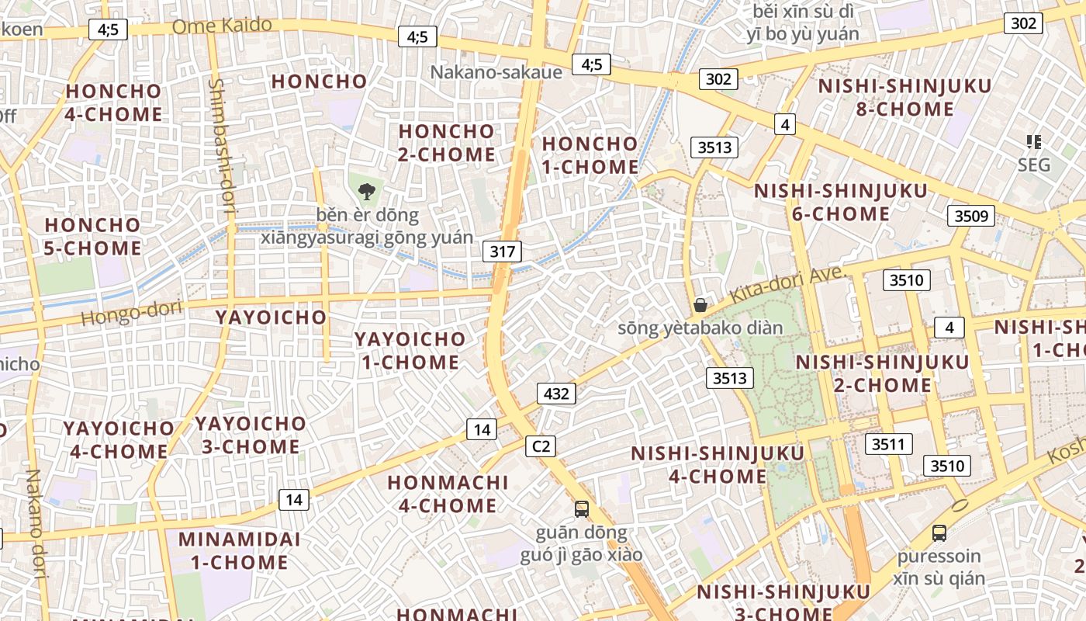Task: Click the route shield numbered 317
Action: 502,251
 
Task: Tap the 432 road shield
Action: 556,394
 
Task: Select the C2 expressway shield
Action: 541,446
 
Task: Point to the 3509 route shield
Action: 970,215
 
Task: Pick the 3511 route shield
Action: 888,444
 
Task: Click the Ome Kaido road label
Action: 222,26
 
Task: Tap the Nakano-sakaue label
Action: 496,72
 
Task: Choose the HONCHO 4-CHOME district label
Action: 113,102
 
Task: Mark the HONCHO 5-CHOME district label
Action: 93,237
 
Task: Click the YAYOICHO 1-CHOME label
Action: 410,350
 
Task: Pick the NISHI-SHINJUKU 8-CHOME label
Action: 904,97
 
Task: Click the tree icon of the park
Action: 366,189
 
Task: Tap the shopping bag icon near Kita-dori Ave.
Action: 700,304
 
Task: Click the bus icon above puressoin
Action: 939,533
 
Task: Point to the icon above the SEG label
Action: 1033,141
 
